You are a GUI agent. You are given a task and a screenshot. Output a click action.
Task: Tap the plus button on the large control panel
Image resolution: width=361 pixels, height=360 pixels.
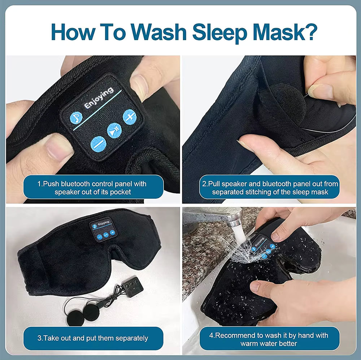click(x=129, y=116)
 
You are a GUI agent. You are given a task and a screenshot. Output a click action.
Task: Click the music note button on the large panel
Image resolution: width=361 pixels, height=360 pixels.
click(x=76, y=118)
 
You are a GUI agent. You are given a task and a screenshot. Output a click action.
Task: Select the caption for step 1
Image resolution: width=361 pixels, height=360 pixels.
click(x=92, y=188)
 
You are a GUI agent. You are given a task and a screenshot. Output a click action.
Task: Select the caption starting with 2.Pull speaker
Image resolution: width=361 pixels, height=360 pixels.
click(x=270, y=188)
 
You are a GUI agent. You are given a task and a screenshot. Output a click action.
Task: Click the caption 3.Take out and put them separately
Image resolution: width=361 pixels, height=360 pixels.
click(x=93, y=338)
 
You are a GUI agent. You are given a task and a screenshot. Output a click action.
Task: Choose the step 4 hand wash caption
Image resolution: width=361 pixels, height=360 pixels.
click(x=269, y=339)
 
